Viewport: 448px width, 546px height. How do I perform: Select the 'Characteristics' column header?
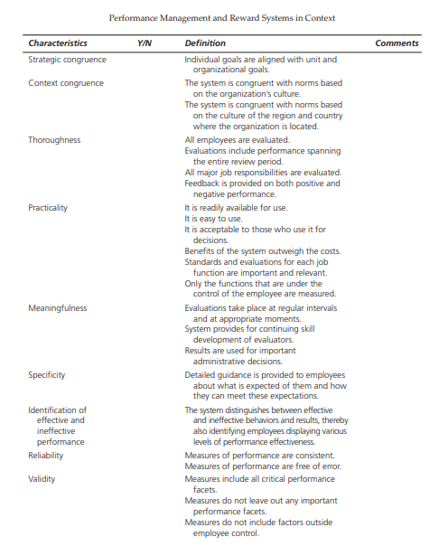[58, 42]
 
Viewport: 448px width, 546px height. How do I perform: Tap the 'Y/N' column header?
[145, 42]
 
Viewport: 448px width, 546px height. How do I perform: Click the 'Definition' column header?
[205, 42]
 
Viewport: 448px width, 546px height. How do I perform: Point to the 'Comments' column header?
[397, 42]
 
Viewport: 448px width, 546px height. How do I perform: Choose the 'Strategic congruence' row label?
[67, 60]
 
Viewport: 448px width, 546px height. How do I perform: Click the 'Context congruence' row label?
[66, 83]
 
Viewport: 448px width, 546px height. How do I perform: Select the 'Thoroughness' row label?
[54, 140]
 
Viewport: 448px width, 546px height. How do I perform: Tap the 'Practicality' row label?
[48, 207]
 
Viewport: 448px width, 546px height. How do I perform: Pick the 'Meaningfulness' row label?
[58, 307]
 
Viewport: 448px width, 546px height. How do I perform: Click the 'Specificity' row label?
[47, 374]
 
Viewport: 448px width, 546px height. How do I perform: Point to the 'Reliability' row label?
[45, 456]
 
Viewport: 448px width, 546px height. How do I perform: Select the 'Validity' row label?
[42, 478]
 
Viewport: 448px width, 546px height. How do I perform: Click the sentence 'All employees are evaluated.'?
[237, 140]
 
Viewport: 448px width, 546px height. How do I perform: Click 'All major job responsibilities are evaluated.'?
[263, 172]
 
